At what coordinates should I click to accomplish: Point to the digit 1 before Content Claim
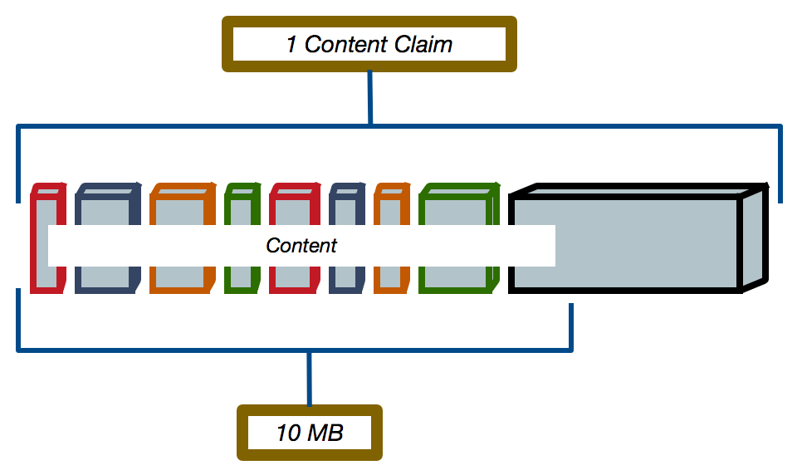[x=291, y=44]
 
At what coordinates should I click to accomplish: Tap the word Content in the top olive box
[x=342, y=44]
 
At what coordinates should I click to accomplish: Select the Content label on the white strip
[x=301, y=246]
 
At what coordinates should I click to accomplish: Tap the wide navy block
[x=105, y=208]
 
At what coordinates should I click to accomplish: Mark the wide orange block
[x=180, y=208]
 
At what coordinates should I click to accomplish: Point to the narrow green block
[x=241, y=208]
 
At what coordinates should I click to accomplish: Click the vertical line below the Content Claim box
[x=370, y=98]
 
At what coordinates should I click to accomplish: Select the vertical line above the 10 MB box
[x=310, y=379]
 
